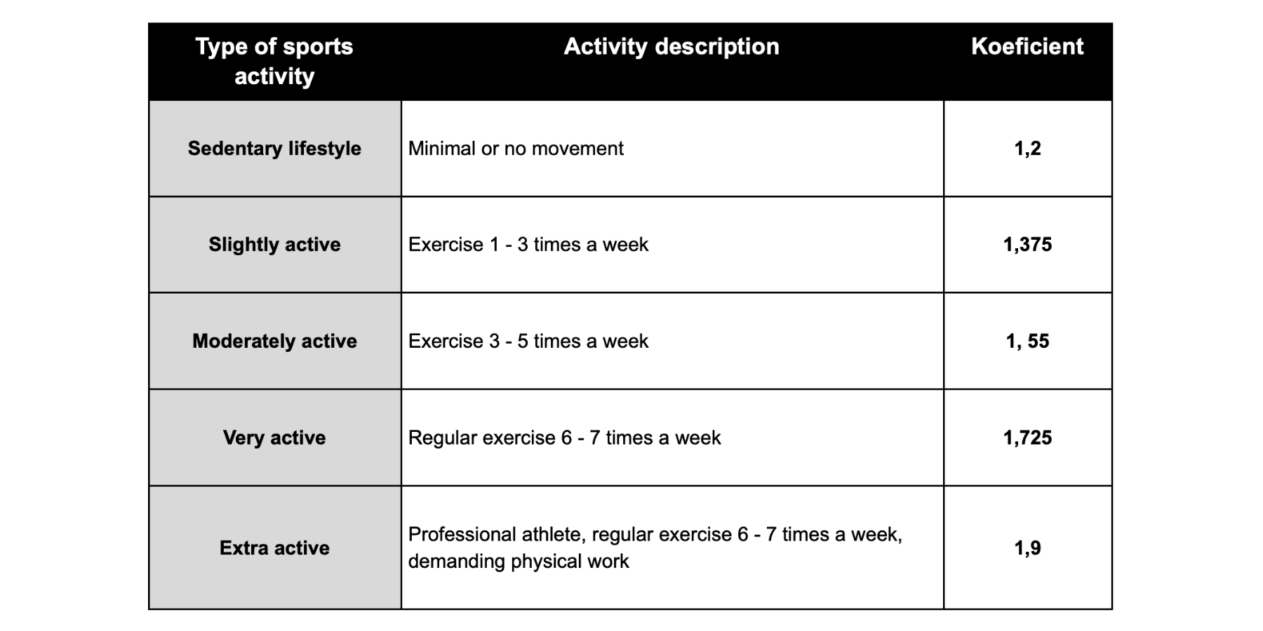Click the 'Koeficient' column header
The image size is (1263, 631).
click(x=1027, y=46)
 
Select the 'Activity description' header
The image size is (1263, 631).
click(x=671, y=46)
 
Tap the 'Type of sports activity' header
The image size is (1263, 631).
click(x=274, y=61)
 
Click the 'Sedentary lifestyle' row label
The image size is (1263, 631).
click(x=274, y=149)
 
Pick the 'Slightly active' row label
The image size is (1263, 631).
click(x=274, y=245)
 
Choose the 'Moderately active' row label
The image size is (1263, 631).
click(x=274, y=341)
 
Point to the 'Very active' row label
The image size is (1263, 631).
click(x=274, y=437)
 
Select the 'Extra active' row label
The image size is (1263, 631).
click(x=274, y=548)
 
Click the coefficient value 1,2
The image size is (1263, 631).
click(x=1027, y=149)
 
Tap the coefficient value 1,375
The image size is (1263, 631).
click(x=1027, y=245)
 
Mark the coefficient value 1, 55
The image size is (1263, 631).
click(x=1027, y=341)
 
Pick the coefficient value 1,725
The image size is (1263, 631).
click(x=1027, y=437)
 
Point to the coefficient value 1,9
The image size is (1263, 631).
click(x=1027, y=548)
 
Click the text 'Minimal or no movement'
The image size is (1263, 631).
click(x=516, y=149)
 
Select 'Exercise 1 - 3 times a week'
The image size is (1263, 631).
click(x=528, y=245)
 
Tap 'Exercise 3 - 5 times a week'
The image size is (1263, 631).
click(x=528, y=341)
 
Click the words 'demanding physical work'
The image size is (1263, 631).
click(x=519, y=562)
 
